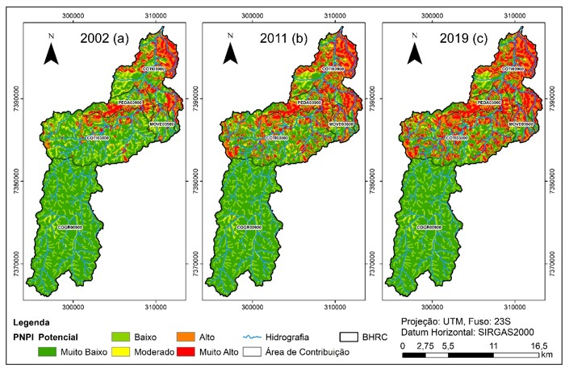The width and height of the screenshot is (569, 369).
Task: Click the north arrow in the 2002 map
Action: pos(51,50)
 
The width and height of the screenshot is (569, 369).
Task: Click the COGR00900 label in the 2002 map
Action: pos(70,229)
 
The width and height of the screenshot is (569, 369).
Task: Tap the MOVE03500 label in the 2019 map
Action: pos(522,124)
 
